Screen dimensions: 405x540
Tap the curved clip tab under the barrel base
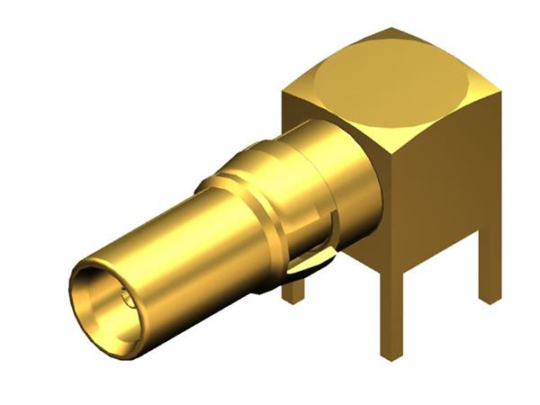point(310,263)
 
